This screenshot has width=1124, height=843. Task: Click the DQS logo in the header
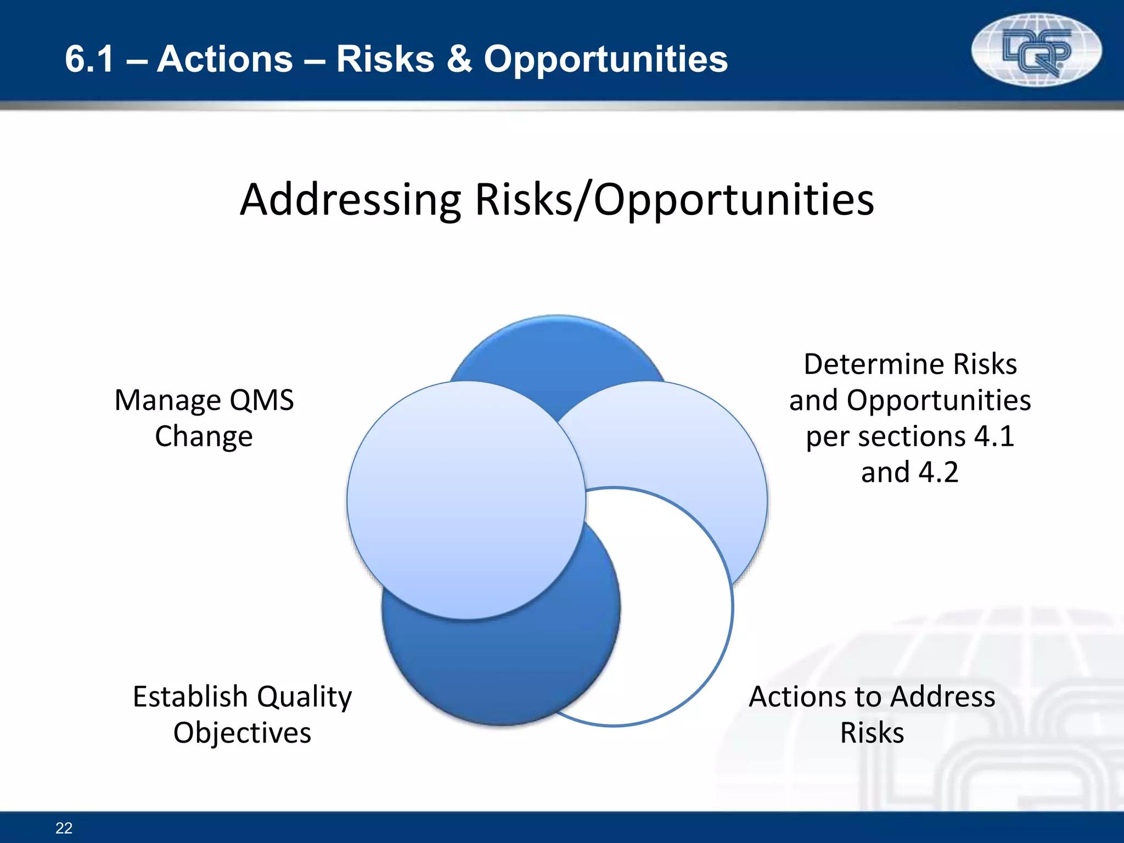coord(1036,50)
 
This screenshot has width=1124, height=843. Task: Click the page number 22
coord(64,828)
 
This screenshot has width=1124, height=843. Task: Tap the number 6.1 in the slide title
coord(89,59)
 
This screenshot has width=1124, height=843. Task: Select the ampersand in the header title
coord(459,59)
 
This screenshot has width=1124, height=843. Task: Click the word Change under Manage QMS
coord(204,437)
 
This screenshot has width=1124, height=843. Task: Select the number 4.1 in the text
coord(994,437)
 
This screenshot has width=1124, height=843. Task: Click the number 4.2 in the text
coord(938,473)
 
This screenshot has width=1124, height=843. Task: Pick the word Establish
coord(190,697)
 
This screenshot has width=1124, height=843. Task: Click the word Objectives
coord(242,733)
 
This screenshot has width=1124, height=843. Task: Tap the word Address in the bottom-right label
coord(943,697)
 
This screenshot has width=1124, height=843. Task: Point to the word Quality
coord(305,697)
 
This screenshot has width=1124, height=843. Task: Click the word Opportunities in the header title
coord(605,59)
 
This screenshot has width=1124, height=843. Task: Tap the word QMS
coord(261,400)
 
